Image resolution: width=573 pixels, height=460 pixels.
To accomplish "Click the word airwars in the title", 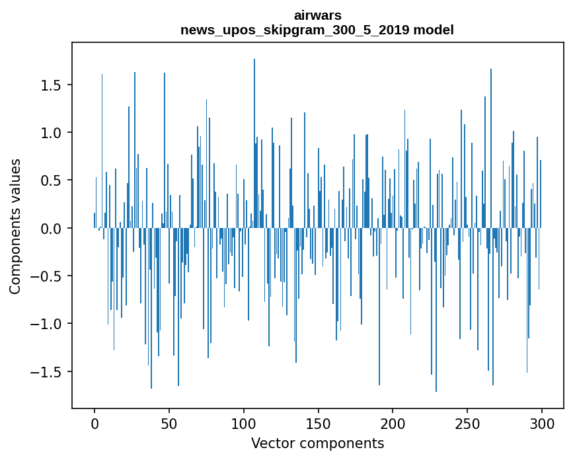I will click(x=317, y=15).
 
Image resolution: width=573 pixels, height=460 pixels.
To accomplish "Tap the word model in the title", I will click(x=434, y=30).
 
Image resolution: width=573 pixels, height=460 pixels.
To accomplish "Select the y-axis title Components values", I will click(x=15, y=226).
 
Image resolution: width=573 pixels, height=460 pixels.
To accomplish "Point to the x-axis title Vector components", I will click(x=317, y=443).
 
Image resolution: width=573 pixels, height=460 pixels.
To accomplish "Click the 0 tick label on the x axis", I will click(x=95, y=423).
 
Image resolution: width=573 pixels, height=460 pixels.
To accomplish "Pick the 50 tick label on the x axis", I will click(x=169, y=423).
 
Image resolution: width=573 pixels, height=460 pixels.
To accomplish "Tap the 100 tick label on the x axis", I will click(x=244, y=423).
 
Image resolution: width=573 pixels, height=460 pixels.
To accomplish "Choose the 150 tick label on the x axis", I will click(x=319, y=423).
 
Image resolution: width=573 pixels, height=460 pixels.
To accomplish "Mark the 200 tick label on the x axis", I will click(x=393, y=423).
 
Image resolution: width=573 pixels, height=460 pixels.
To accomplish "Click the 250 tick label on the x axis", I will click(x=467, y=423).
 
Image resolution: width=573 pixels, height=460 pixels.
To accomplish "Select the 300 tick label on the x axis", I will click(x=542, y=423).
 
